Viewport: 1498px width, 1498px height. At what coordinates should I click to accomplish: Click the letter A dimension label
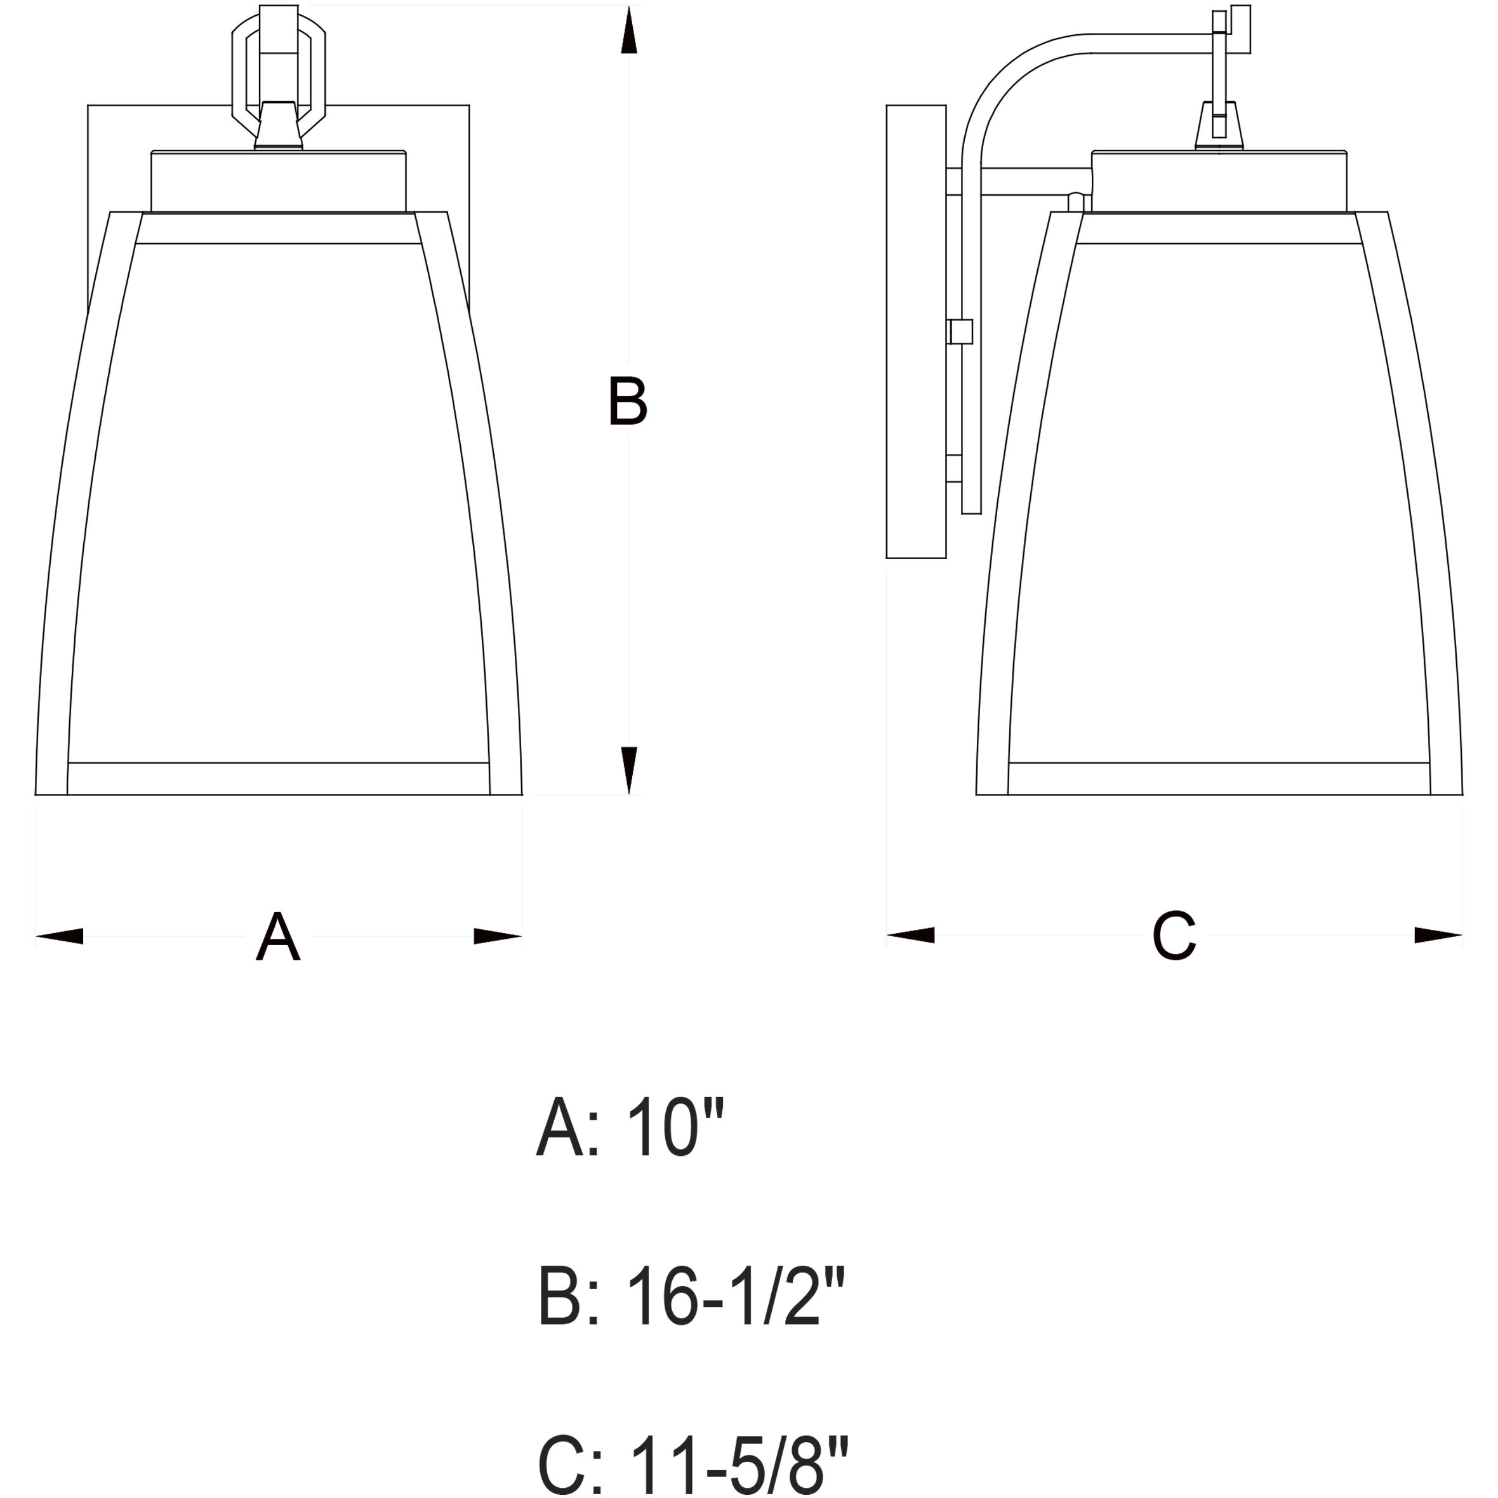coord(277,937)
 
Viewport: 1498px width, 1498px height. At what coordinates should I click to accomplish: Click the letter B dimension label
coord(627,401)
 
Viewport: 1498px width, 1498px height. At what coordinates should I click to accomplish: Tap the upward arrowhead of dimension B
coord(630,31)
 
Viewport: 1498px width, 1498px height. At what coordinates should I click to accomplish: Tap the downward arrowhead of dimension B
coord(630,771)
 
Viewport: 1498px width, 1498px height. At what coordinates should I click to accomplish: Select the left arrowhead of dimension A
coord(59,936)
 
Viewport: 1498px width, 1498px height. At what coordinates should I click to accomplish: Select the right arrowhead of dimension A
coord(498,936)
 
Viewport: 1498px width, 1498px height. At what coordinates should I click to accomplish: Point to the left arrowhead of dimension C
coord(910,935)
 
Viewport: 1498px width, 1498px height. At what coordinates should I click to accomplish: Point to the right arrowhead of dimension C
coord(1438,935)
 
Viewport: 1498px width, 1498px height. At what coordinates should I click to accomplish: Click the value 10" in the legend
coord(675,1150)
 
